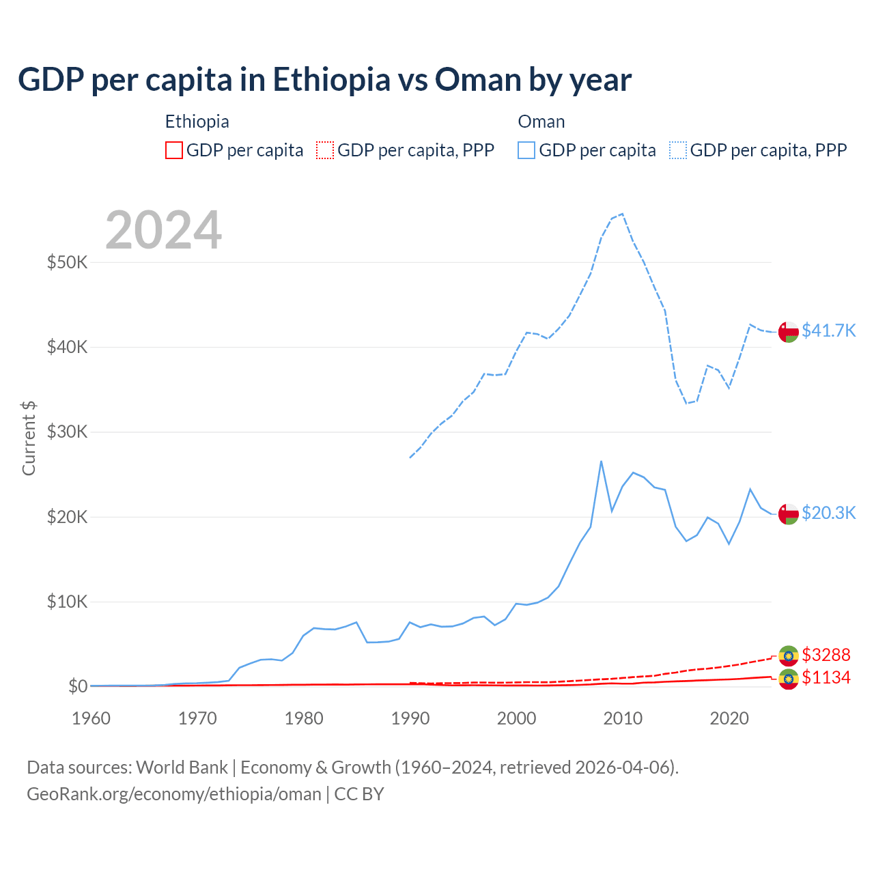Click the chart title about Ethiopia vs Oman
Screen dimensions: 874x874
(324, 80)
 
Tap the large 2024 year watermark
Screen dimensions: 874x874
(164, 230)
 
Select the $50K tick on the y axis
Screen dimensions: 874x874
(67, 262)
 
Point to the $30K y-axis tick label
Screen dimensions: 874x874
(67, 432)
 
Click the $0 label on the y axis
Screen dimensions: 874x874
(78, 686)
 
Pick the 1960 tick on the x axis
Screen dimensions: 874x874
(91, 718)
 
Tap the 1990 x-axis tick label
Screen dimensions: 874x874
(410, 718)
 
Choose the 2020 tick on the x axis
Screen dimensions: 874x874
(729, 718)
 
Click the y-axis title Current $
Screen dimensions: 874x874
(29, 438)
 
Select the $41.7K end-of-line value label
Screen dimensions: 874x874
(828, 330)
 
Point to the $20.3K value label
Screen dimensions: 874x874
(828, 513)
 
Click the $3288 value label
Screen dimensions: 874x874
(826, 655)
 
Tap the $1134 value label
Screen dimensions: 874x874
(826, 677)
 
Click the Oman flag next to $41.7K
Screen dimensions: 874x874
(789, 331)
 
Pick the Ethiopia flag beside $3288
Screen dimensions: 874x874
(789, 655)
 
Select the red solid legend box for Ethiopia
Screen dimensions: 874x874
(174, 150)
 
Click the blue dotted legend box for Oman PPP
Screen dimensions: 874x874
(678, 150)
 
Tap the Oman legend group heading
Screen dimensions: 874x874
(541, 122)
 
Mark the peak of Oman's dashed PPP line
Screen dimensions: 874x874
(622, 214)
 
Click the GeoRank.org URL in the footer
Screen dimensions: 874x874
(174, 794)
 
